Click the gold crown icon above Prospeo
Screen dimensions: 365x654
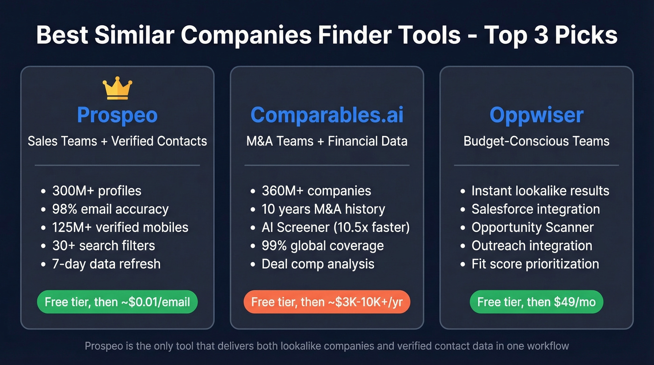click(x=117, y=89)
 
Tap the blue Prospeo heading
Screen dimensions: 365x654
click(x=117, y=115)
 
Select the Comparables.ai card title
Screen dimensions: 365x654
click(x=327, y=115)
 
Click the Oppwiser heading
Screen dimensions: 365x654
click(x=536, y=115)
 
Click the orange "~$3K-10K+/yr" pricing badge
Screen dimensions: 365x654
click(x=327, y=302)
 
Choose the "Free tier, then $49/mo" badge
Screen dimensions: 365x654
click(x=536, y=302)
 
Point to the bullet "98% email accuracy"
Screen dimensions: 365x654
click(x=110, y=209)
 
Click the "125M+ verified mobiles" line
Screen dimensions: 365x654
click(x=120, y=227)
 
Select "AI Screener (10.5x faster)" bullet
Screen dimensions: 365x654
click(x=335, y=227)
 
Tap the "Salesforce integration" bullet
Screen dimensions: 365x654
click(x=535, y=209)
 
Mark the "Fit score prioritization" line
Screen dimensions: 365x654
click(x=535, y=264)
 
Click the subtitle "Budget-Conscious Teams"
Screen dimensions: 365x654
click(x=536, y=141)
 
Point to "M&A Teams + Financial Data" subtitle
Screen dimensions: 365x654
click(x=327, y=141)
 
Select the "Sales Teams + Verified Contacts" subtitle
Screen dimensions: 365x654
click(x=117, y=141)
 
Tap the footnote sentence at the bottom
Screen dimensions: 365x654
click(x=327, y=346)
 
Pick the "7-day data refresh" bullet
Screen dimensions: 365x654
click(x=106, y=264)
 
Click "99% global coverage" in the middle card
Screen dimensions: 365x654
click(x=322, y=245)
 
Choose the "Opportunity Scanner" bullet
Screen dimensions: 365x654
click(x=533, y=227)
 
